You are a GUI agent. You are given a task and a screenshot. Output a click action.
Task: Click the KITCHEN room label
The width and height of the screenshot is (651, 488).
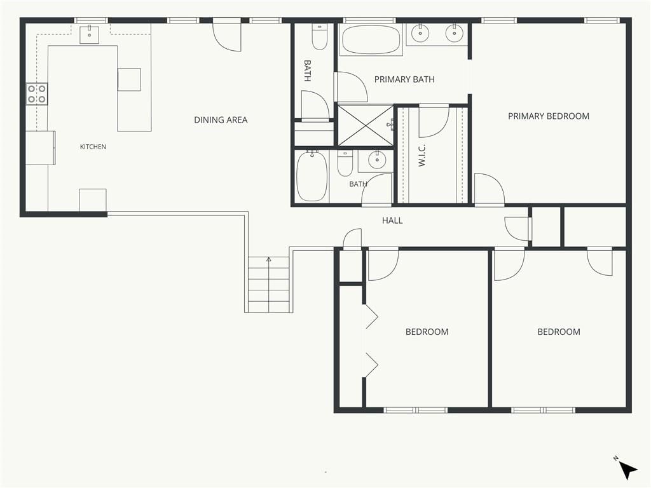click(93, 147)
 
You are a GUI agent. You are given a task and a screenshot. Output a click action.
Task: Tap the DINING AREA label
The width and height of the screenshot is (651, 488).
click(221, 120)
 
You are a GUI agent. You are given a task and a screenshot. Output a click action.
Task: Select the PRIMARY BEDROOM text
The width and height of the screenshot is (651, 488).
click(549, 116)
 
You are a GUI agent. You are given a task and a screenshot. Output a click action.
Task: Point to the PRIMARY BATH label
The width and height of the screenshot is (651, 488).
click(404, 79)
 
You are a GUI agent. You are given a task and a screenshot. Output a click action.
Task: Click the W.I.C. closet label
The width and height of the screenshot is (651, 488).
click(422, 156)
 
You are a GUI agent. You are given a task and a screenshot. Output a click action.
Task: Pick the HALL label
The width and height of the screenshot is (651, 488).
click(392, 220)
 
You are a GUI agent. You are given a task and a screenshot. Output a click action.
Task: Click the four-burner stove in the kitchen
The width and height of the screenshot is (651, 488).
click(37, 94)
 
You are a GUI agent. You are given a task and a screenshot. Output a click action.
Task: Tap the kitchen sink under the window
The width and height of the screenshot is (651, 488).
click(89, 34)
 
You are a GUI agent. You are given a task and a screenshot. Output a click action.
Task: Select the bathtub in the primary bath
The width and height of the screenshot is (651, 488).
click(371, 40)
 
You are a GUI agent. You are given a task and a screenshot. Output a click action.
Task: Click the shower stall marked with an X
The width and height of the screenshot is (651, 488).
click(366, 125)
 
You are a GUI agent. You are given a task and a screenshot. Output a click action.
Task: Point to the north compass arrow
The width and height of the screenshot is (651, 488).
click(627, 471)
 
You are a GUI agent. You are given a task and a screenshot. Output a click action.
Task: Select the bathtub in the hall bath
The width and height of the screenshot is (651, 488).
click(312, 177)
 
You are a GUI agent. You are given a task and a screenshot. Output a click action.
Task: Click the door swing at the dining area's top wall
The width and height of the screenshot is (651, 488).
click(227, 36)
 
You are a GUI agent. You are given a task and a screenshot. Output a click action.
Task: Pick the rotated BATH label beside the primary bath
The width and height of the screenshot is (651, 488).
click(308, 71)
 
